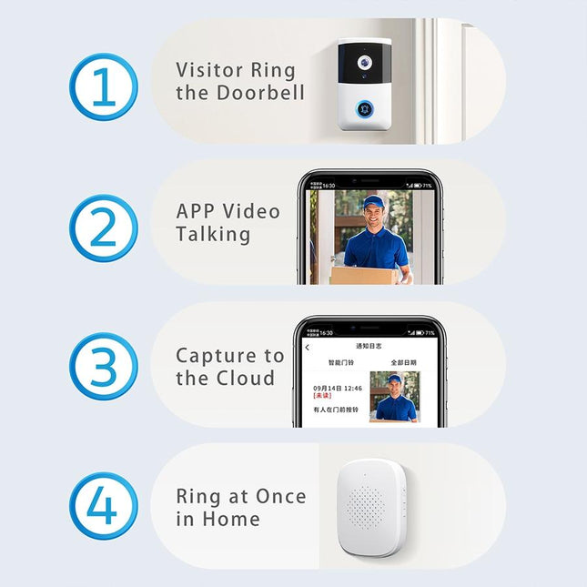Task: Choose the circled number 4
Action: click(x=104, y=506)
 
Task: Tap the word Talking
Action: click(x=213, y=234)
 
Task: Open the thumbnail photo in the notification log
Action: click(x=394, y=397)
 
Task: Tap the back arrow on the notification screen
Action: click(x=307, y=347)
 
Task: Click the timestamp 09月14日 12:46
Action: click(x=337, y=389)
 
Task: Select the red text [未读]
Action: click(x=322, y=397)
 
